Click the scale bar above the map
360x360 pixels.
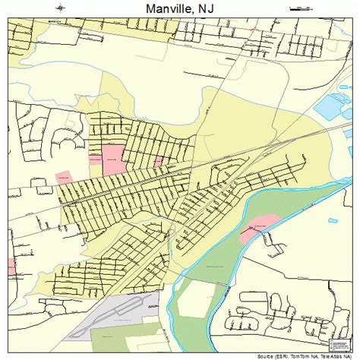(298, 8)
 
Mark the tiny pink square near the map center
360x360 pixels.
(159, 162)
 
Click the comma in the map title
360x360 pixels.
(197, 13)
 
